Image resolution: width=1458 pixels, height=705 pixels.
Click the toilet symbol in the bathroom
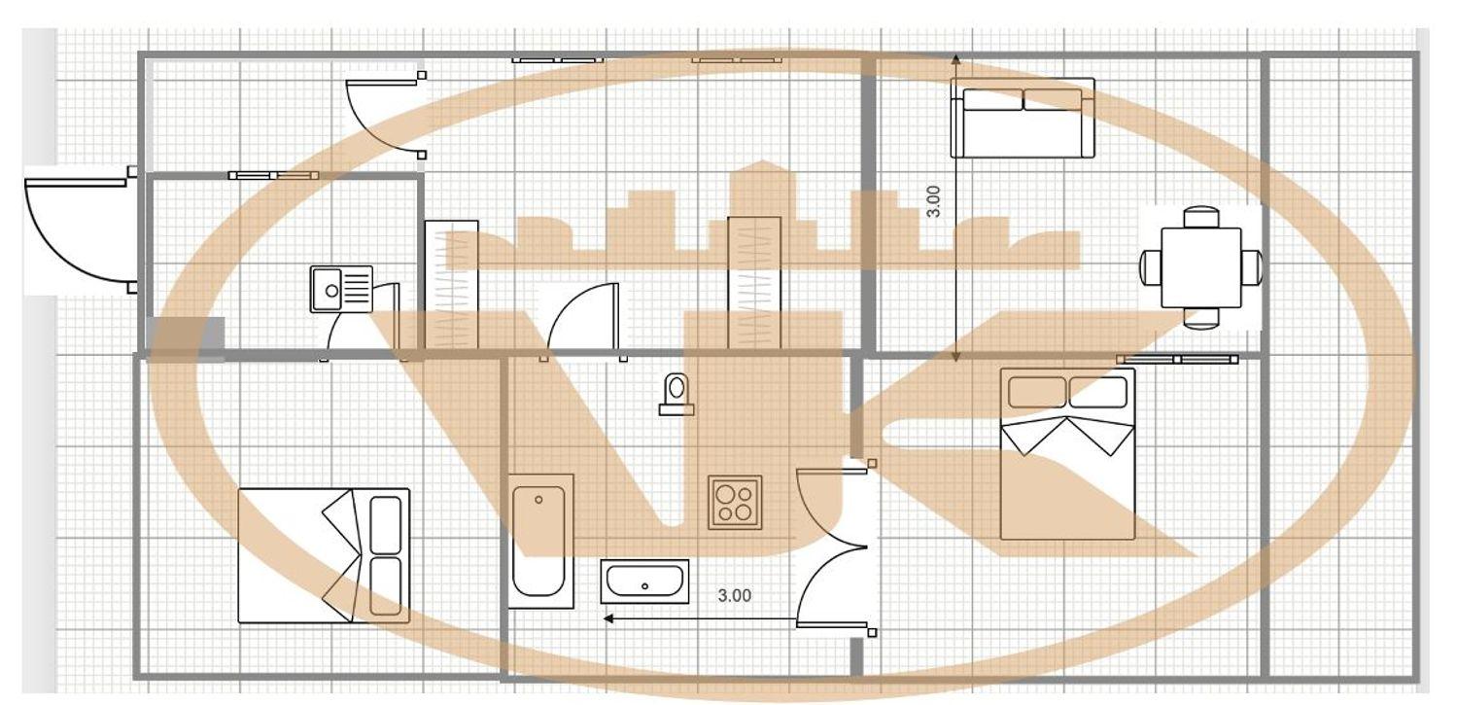click(677, 395)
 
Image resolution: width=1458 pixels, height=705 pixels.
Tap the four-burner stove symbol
click(735, 503)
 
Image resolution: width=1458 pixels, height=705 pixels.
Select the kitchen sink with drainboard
click(342, 289)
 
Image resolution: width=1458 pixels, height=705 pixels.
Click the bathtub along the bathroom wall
click(540, 542)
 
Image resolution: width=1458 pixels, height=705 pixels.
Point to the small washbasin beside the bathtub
click(644, 582)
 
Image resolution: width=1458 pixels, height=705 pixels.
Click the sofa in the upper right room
click(1023, 118)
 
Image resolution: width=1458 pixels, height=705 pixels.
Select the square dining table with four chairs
click(1200, 267)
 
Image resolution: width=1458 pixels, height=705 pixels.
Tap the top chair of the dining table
click(1200, 217)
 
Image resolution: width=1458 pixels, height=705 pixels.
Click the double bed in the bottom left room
click(324, 556)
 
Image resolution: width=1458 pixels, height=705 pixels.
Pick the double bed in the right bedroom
click(1067, 454)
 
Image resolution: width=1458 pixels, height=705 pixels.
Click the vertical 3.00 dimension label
click(933, 202)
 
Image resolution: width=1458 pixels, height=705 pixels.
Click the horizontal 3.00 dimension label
click(734, 596)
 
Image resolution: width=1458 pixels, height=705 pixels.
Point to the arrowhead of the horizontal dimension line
click(608, 618)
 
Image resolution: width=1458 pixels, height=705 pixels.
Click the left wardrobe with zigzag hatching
click(452, 285)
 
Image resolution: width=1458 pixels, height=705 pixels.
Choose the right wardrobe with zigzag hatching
click(754, 283)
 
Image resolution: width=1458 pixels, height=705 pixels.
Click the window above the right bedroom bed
click(1177, 360)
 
